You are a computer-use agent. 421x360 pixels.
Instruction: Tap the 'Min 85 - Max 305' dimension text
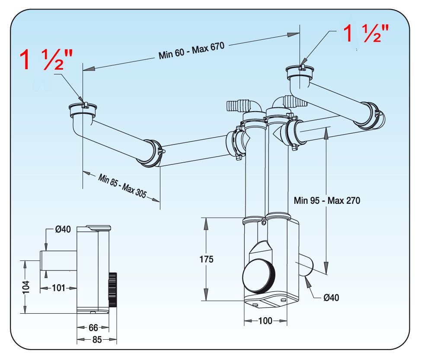(x=122, y=186)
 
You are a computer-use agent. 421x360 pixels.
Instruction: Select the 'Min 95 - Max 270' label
(x=327, y=200)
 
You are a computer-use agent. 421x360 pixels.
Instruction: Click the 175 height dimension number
(x=206, y=259)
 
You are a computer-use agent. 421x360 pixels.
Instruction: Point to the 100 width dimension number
(x=265, y=321)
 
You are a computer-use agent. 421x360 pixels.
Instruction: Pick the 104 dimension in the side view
(x=26, y=287)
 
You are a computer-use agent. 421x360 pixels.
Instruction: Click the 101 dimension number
(x=58, y=288)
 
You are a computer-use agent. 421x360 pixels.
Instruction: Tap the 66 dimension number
(x=93, y=328)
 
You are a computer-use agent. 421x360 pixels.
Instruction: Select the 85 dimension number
(x=97, y=340)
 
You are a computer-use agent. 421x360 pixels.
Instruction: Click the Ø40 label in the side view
(x=63, y=229)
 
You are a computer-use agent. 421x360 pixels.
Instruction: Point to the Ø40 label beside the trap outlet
(x=332, y=298)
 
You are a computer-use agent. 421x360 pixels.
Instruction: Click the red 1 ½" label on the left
(x=46, y=60)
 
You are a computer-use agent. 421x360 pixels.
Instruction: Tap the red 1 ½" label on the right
(x=366, y=33)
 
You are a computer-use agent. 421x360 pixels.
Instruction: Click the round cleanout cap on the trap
(x=259, y=276)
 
